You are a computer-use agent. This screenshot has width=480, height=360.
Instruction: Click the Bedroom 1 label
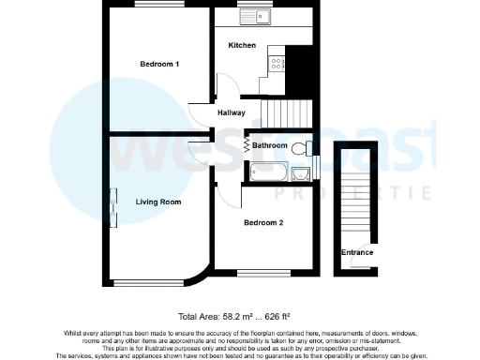(159, 64)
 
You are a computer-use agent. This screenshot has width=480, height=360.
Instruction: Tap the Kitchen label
(242, 45)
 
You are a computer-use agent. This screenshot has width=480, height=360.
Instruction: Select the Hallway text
(232, 113)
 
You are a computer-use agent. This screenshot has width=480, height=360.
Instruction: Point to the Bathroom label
(269, 145)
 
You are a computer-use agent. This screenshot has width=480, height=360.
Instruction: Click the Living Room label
(157, 202)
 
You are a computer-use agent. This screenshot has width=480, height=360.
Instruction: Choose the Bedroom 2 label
(263, 222)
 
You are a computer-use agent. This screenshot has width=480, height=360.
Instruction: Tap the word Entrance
(356, 252)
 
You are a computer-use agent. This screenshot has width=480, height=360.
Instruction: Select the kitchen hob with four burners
(277, 63)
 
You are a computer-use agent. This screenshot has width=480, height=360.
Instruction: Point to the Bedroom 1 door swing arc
(198, 110)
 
